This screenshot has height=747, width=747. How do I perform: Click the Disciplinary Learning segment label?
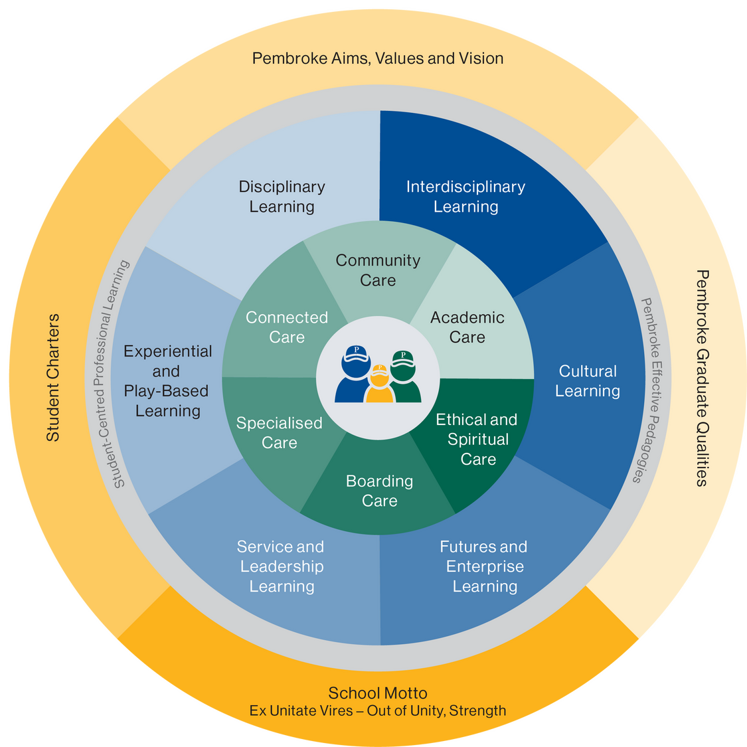tap(282, 197)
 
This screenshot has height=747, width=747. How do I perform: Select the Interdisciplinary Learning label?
tap(465, 197)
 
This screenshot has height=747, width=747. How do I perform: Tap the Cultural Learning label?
tap(588, 381)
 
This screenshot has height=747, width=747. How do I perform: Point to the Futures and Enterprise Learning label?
tap(484, 566)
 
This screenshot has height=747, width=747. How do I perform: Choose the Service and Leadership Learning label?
tap(281, 566)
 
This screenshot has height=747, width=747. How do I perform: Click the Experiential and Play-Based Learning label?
tap(168, 381)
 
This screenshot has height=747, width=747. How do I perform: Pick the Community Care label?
tap(378, 270)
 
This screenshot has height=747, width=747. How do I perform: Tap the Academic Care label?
tap(467, 327)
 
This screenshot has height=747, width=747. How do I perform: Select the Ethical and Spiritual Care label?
tap(477, 440)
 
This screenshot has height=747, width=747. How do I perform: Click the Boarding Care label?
tap(379, 491)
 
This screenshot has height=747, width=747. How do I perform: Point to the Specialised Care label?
tap(280, 433)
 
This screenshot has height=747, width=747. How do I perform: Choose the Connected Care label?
tap(287, 327)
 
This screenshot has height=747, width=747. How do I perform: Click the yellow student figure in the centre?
tap(379, 388)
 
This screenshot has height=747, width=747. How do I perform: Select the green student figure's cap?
tap(402, 358)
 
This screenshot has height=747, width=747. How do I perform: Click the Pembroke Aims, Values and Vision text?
tap(378, 58)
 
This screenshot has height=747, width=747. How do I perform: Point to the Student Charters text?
tap(53, 378)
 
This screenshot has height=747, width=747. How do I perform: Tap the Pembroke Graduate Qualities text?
tap(702, 378)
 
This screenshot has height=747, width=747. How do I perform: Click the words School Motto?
tap(378, 693)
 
